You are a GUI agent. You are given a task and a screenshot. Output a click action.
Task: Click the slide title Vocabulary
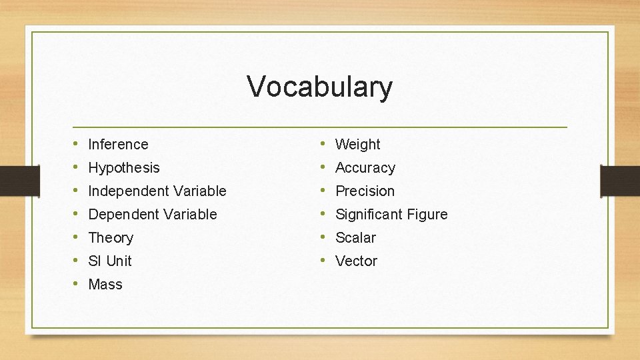click(x=320, y=87)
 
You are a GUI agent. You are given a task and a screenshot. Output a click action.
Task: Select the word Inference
click(x=118, y=144)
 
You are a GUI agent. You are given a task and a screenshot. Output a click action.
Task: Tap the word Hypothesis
click(x=124, y=167)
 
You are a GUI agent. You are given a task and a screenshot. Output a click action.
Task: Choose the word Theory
click(x=111, y=237)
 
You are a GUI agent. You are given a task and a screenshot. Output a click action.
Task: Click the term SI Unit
click(x=110, y=261)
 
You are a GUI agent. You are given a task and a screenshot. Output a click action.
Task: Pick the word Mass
click(x=105, y=284)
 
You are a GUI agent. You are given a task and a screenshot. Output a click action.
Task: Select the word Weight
click(x=357, y=144)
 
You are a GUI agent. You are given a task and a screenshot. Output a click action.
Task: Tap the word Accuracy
click(x=365, y=167)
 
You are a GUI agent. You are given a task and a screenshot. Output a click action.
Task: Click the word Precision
click(x=365, y=191)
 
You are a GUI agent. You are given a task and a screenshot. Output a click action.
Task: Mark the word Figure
click(x=427, y=214)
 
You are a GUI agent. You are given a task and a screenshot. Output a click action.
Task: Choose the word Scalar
click(x=355, y=237)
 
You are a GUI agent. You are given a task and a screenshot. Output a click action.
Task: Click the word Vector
click(x=356, y=261)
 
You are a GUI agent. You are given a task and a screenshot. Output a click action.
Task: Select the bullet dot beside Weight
click(x=323, y=144)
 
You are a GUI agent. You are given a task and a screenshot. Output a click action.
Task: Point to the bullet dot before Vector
click(x=323, y=261)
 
